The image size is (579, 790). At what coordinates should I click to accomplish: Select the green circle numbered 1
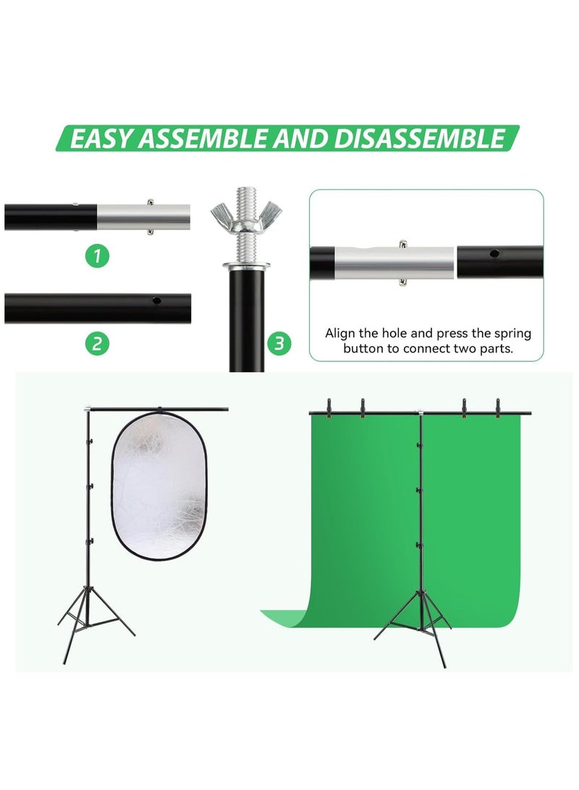98,256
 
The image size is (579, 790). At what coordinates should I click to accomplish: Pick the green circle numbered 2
98,343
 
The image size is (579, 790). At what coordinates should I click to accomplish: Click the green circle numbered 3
278,343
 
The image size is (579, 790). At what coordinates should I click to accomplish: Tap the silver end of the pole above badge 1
143,216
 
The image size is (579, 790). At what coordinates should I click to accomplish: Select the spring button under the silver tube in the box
402,281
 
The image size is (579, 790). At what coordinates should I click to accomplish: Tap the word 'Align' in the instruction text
340,334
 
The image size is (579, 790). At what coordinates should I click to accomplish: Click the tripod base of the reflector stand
93,623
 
